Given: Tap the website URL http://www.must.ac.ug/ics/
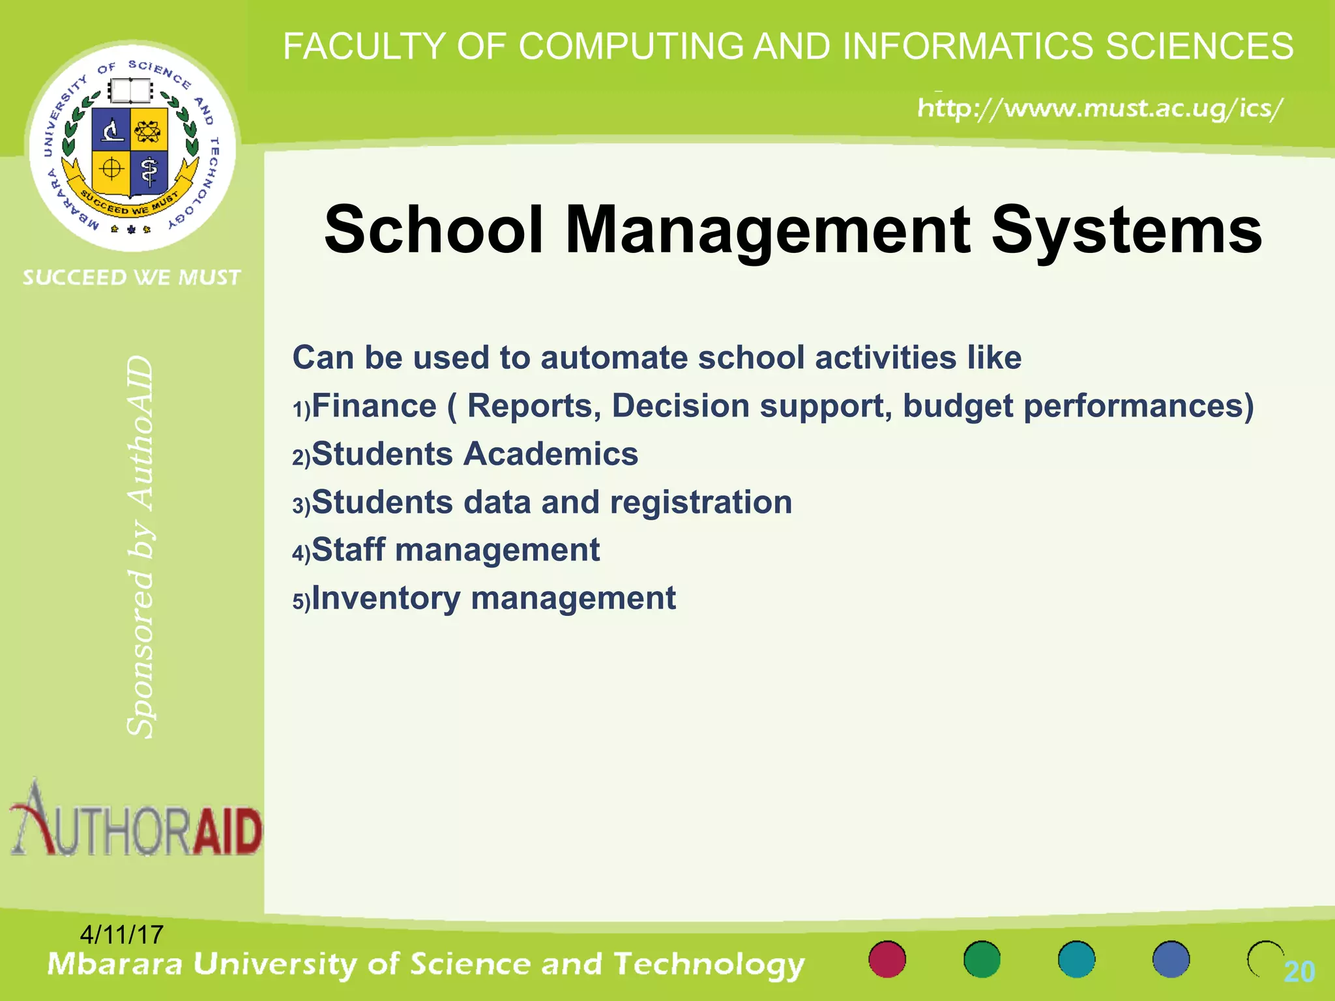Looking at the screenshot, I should tap(1100, 108).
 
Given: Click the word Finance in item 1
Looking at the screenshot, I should tap(374, 406).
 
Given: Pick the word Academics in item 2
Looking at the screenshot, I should tap(551, 454).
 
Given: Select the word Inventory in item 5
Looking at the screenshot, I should tap(386, 598).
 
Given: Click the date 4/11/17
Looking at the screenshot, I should tap(121, 935).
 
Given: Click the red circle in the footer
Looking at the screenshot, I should tap(887, 959).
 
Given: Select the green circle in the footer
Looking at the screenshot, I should tap(982, 959).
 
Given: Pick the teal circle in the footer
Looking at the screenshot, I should tap(1076, 959).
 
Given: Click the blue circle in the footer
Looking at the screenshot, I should tap(1171, 959).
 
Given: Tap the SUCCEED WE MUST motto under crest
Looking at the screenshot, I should tap(132, 278).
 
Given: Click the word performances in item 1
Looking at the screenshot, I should tap(1139, 406).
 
